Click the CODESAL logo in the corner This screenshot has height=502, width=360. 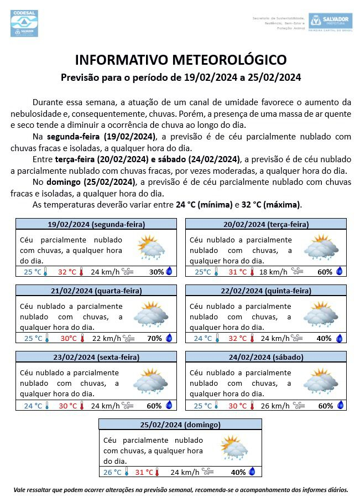24,23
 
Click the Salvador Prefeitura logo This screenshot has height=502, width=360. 330,24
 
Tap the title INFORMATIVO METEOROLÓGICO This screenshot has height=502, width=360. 181,60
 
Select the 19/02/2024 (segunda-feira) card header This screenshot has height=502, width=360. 96,224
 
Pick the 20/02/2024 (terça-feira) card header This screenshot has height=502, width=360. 266,224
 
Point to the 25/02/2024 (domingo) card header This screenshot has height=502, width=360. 180,425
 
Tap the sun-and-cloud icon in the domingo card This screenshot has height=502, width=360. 234,448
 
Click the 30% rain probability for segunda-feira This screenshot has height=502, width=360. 156,272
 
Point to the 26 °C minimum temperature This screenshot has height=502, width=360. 112,472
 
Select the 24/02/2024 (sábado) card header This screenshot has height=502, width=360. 266,358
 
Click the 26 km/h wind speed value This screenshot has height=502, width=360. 275,406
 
